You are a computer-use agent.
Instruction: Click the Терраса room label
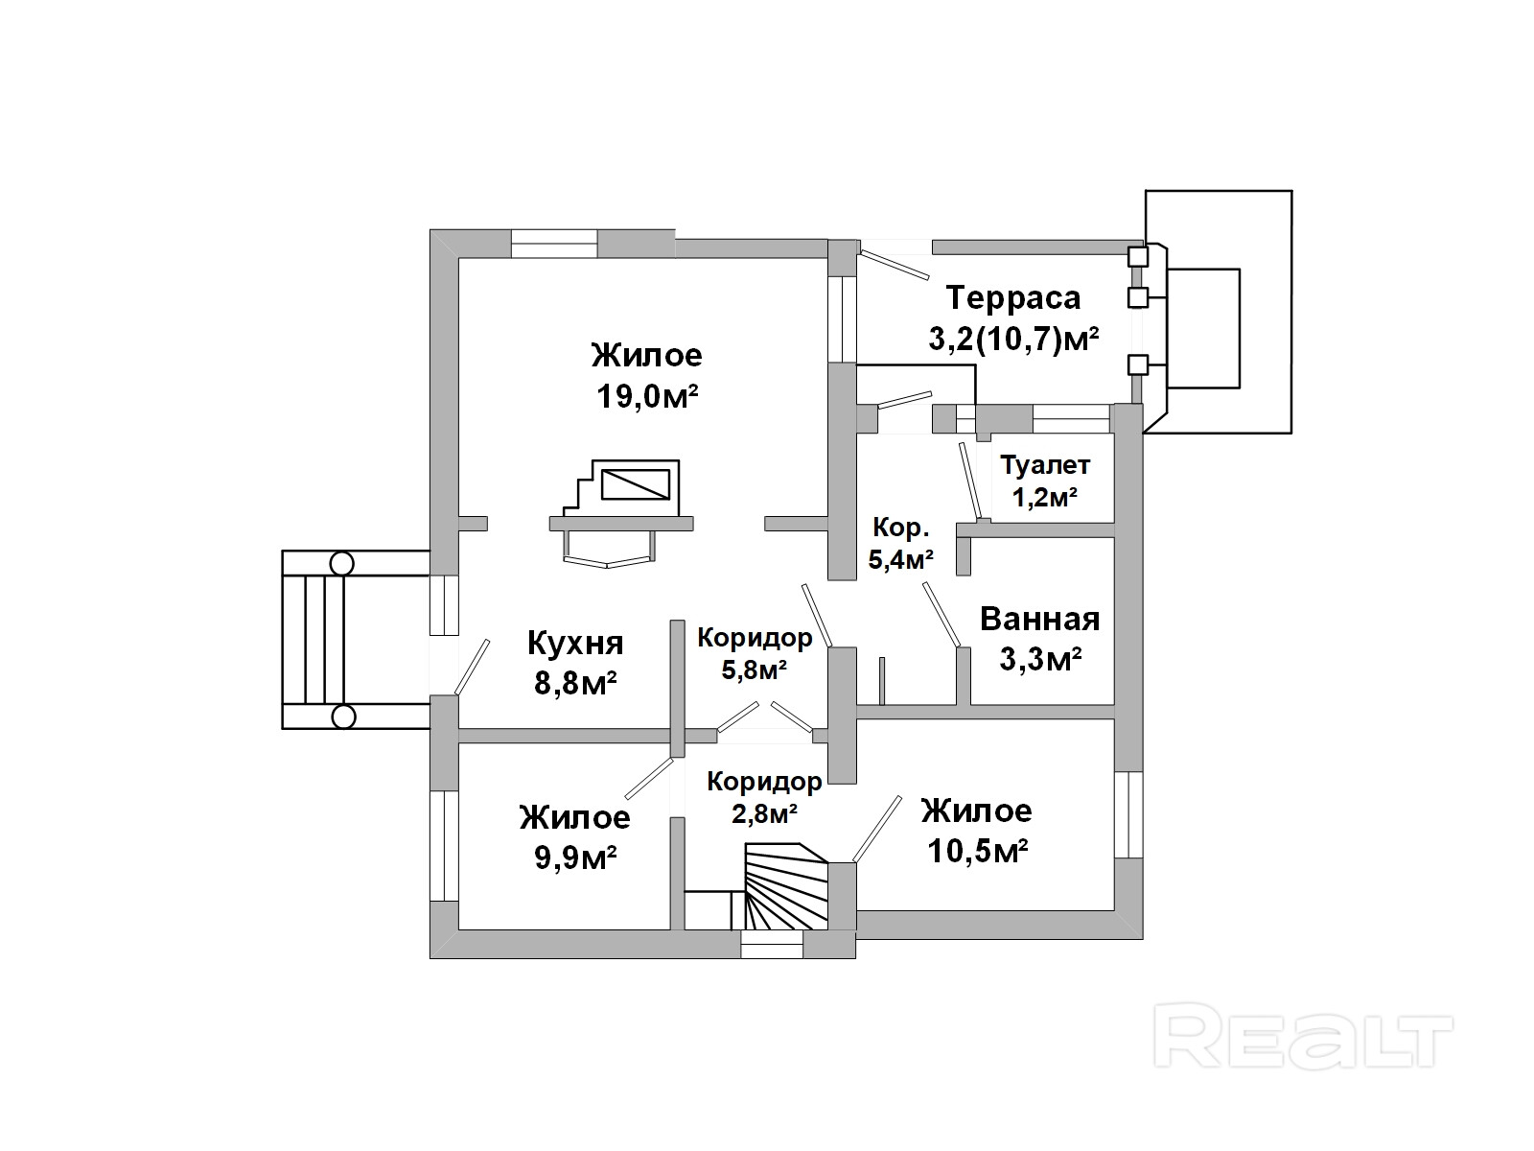[x=1012, y=297]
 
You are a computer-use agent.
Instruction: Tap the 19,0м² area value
[x=646, y=396]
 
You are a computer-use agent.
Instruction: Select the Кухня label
[x=575, y=643]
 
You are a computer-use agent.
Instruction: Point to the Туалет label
[x=1045, y=466]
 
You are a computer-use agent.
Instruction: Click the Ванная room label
[x=1039, y=619]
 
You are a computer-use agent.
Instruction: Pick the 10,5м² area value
[x=978, y=851]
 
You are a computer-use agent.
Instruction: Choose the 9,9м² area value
[x=575, y=857]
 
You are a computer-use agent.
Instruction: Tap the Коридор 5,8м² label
[x=755, y=652]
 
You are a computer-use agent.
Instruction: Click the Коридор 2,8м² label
[x=764, y=797]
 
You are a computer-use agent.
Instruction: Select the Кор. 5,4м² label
[x=900, y=543]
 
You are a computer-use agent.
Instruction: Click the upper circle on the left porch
[x=342, y=563]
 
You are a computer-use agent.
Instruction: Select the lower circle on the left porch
[x=342, y=716]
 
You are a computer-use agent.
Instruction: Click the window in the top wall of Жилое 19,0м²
[x=553, y=244]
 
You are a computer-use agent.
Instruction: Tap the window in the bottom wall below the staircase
[x=772, y=950]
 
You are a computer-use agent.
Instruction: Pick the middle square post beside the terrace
[x=1137, y=297]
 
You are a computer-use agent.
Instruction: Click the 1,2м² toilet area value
[x=1045, y=497]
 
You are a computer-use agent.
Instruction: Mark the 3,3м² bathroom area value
[x=1040, y=660]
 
